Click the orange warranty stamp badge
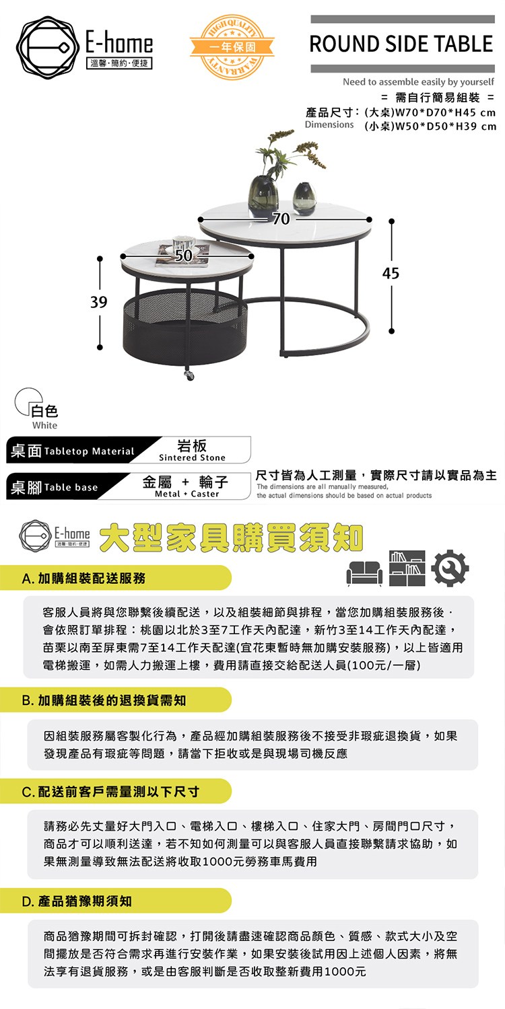pos(232,47)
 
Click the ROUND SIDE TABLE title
pos(401,44)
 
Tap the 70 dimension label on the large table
pos(281,219)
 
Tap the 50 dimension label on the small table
pos(183,256)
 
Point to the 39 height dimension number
pos(99,302)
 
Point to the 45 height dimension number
pos(391,273)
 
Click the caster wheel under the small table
pos(190,375)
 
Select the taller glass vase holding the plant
pos(263,196)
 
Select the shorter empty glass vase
pos(304,198)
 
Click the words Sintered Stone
pos(192,457)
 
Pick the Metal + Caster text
pos(187,494)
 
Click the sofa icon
pos(364,573)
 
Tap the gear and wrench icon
pos(450,568)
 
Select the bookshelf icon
pos(407,568)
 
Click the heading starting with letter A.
pos(84,578)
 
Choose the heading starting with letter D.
pos(77,901)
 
